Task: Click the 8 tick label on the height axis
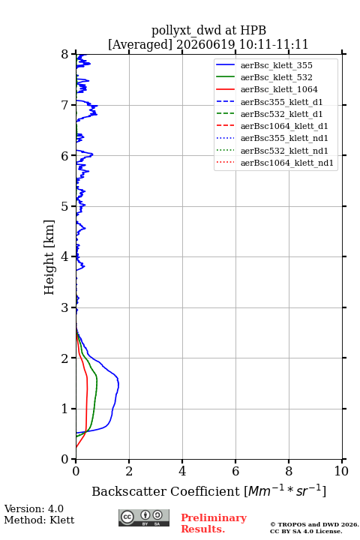[x=64, y=54]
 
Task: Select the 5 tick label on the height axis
[x=64, y=206]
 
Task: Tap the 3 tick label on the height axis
[x=64, y=307]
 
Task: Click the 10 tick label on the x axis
[x=341, y=471]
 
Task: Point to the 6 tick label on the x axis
[x=235, y=471]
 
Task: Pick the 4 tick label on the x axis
[x=182, y=471]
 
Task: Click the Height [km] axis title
[x=49, y=257]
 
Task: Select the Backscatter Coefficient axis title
[x=208, y=490]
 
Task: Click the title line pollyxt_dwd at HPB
[x=208, y=30]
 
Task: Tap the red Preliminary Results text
[x=214, y=523]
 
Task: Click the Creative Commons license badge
[x=144, y=517]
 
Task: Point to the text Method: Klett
[x=39, y=520]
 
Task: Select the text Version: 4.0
[x=34, y=508]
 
